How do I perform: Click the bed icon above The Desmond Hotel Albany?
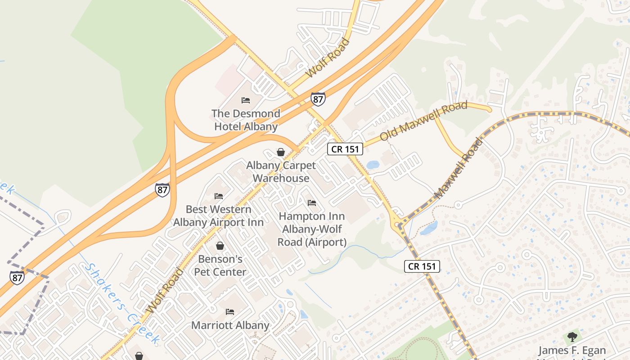click(246, 100)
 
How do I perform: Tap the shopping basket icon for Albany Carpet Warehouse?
click(281, 152)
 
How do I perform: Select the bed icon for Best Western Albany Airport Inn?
click(219, 196)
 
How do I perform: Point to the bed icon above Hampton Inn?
click(312, 203)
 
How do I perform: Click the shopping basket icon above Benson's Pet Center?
click(220, 246)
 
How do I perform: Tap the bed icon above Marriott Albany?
click(230, 311)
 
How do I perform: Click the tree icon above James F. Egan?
click(572, 337)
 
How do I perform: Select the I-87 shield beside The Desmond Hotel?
click(318, 99)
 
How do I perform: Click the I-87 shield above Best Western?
click(162, 189)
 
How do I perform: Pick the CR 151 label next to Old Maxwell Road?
click(345, 149)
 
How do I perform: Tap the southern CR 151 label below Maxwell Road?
click(422, 266)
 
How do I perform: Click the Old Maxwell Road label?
click(423, 121)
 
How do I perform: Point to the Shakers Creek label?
click(122, 304)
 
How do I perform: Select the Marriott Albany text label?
click(230, 325)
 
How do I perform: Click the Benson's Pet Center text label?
click(220, 265)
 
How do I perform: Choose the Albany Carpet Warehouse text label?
click(281, 171)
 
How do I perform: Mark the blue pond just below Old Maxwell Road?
click(373, 165)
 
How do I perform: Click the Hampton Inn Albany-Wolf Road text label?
click(312, 229)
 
